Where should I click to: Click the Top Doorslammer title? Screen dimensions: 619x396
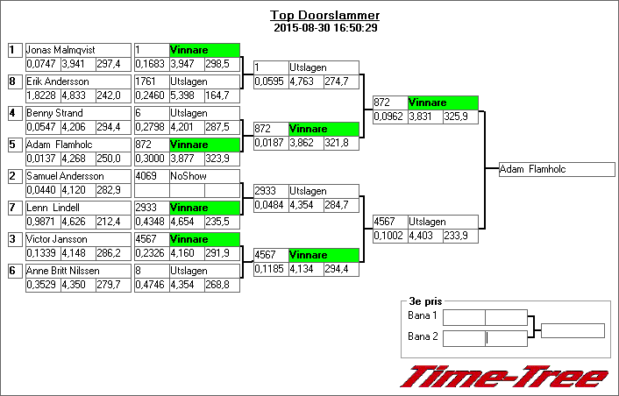coord(324,15)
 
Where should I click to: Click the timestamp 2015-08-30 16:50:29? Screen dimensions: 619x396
coord(325,28)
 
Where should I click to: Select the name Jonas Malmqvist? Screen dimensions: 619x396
coord(60,50)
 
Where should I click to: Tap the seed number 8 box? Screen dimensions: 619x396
coord(15,81)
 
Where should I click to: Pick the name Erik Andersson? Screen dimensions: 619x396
coord(58,81)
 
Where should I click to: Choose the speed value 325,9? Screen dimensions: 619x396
coord(456,117)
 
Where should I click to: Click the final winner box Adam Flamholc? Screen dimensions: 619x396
coord(557,169)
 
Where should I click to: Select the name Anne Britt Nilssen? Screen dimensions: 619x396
coord(63,271)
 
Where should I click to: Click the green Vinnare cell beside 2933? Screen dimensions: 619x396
coord(204,208)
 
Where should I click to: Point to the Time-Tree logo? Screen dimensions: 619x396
coord(504,376)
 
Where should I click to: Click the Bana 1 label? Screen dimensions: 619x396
coord(423,315)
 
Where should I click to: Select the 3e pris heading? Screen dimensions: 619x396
coord(425,301)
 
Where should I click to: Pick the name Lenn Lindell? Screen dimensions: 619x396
coord(53,208)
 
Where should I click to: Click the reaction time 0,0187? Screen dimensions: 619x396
coord(269,143)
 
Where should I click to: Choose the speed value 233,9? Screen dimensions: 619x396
coord(456,236)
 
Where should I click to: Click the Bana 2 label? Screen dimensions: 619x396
coord(423,336)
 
